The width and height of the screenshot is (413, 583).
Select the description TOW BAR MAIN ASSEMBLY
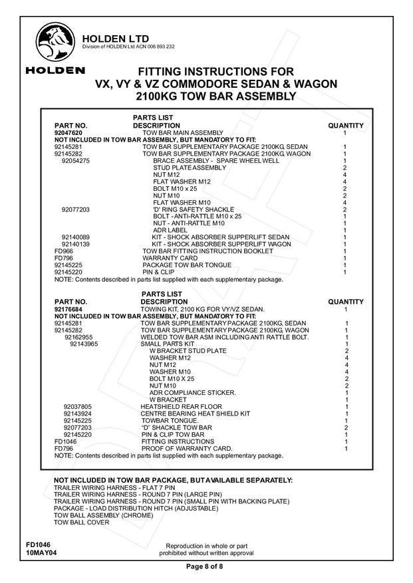(x=184, y=132)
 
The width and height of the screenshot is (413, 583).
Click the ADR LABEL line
(x=169, y=230)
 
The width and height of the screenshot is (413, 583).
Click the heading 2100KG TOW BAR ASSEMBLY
(x=215, y=96)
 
